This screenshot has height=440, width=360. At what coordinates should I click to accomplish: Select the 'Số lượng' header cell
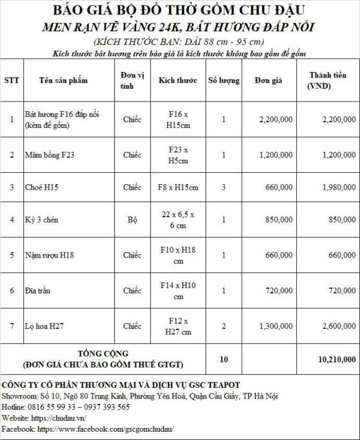[x=223, y=80]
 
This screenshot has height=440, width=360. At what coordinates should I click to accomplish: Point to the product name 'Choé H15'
[x=39, y=187]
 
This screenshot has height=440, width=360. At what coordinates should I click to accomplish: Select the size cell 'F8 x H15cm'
[x=178, y=187]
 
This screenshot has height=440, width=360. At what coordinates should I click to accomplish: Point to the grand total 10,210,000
[x=337, y=359]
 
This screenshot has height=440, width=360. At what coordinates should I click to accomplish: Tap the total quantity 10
[x=223, y=359]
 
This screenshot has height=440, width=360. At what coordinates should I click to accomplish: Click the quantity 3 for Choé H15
[x=223, y=187]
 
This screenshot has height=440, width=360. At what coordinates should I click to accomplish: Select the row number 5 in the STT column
[x=11, y=255]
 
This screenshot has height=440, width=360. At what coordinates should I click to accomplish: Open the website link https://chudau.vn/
[x=56, y=418]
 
